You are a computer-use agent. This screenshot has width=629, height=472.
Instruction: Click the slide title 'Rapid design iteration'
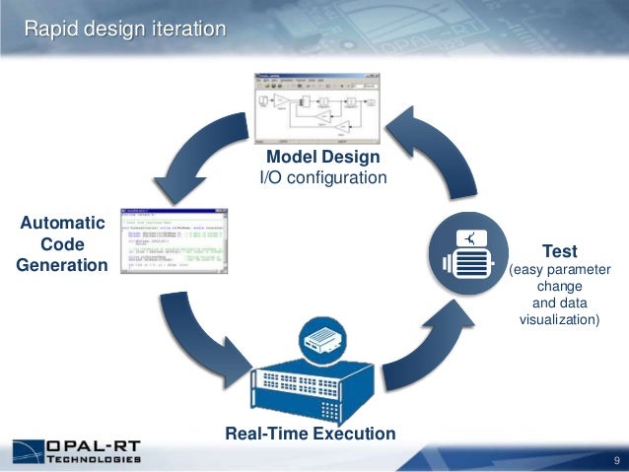(x=125, y=30)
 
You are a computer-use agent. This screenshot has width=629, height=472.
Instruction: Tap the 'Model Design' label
(x=322, y=157)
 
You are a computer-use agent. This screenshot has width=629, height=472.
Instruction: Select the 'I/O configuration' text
(x=322, y=177)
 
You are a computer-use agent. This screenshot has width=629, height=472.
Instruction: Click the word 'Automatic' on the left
(x=61, y=223)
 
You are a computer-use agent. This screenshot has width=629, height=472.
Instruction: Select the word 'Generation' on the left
(x=61, y=264)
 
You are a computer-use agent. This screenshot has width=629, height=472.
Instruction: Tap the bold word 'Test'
(x=559, y=250)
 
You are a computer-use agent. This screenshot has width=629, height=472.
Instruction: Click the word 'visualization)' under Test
(x=559, y=319)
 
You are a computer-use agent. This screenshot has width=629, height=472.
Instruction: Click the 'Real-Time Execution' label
(x=310, y=434)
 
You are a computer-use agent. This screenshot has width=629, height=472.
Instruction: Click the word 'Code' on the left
(x=61, y=243)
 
